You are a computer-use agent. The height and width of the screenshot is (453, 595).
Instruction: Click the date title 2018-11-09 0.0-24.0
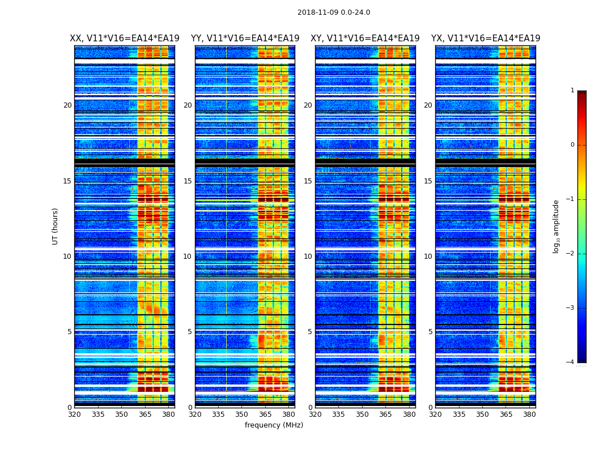(x=334, y=12)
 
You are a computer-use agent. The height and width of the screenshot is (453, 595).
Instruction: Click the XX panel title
(x=125, y=39)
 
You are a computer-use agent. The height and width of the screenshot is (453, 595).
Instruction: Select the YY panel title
(x=245, y=39)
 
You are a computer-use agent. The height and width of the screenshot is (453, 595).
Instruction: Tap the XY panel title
(x=365, y=39)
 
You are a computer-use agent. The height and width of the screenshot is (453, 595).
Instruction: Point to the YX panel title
(x=486, y=39)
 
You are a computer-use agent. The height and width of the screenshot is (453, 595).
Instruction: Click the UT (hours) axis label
(x=55, y=226)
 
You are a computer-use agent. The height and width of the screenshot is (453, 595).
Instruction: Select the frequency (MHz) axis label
(x=274, y=425)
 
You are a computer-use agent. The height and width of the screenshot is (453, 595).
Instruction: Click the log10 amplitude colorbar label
(x=556, y=226)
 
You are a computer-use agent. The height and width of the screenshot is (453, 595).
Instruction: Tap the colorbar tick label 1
(x=572, y=91)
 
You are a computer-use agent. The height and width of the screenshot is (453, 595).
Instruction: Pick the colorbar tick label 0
(x=572, y=145)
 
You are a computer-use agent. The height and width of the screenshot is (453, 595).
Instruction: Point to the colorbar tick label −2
(x=571, y=254)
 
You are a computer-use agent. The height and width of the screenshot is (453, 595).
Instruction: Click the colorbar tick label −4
(x=571, y=362)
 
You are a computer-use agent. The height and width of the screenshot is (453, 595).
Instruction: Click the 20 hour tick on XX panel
(x=67, y=105)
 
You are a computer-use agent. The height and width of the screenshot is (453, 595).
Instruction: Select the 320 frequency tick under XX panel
(x=74, y=414)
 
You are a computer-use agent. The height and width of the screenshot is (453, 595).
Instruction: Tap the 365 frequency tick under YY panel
(x=265, y=414)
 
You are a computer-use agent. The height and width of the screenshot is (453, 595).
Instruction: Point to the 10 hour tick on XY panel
(x=308, y=257)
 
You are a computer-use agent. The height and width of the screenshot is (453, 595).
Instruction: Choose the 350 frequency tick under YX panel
(x=482, y=414)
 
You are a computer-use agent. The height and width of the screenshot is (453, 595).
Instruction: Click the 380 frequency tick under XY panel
(x=409, y=414)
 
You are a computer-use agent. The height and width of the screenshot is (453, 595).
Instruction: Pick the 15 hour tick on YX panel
(x=428, y=181)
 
